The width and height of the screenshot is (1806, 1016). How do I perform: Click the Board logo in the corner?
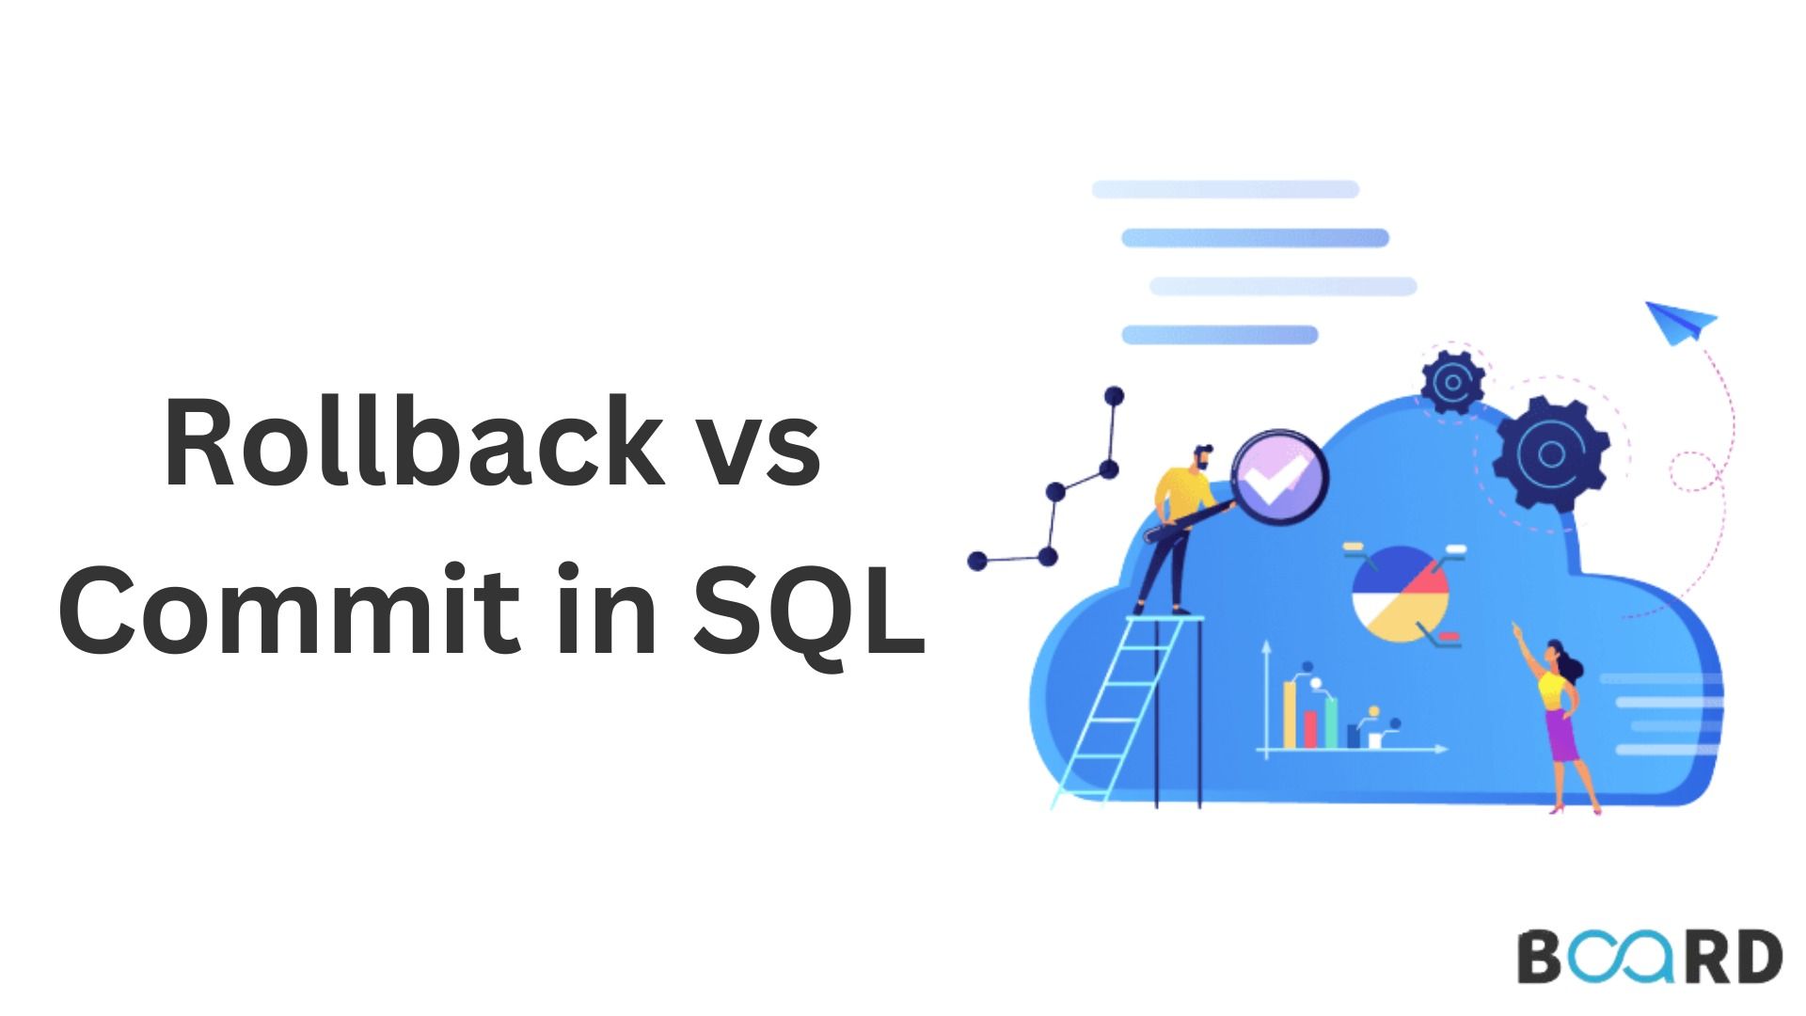pos(1649,957)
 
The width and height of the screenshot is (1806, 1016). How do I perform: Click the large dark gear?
pos(1550,453)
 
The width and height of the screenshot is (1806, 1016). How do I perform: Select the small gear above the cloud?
pos(1452,382)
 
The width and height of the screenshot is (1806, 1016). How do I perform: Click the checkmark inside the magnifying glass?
pos(1279,480)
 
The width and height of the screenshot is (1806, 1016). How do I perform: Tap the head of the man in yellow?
pos(1202,458)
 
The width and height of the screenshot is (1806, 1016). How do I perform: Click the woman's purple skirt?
pos(1562,736)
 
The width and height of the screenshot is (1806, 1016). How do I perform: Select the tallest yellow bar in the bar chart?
pos(1291,715)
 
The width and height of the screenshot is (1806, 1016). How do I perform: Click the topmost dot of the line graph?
pos(1115,395)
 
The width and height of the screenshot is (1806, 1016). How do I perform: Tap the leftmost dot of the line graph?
pos(977,562)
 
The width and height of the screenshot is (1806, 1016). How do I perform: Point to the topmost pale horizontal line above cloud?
pos(1226,189)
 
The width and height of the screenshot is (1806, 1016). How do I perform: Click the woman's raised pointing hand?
pos(1516,627)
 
